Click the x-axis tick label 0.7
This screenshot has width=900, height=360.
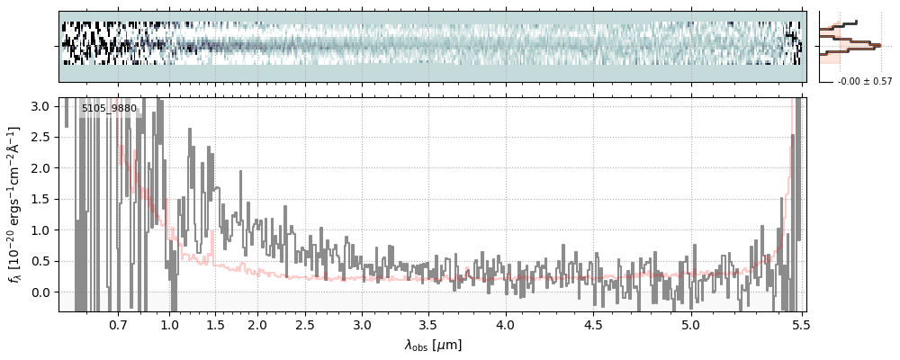118,323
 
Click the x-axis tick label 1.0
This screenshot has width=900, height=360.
170,323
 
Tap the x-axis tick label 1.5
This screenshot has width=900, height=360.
216,323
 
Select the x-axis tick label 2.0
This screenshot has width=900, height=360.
257,323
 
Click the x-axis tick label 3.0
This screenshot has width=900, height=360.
362,323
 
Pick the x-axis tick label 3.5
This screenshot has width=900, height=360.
429,323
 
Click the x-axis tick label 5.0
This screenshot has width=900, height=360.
690,323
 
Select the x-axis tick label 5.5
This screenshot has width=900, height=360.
798,323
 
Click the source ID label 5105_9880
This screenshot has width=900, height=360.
109,109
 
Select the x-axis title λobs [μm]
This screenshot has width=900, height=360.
433,344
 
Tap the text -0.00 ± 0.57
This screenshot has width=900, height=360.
864,82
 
